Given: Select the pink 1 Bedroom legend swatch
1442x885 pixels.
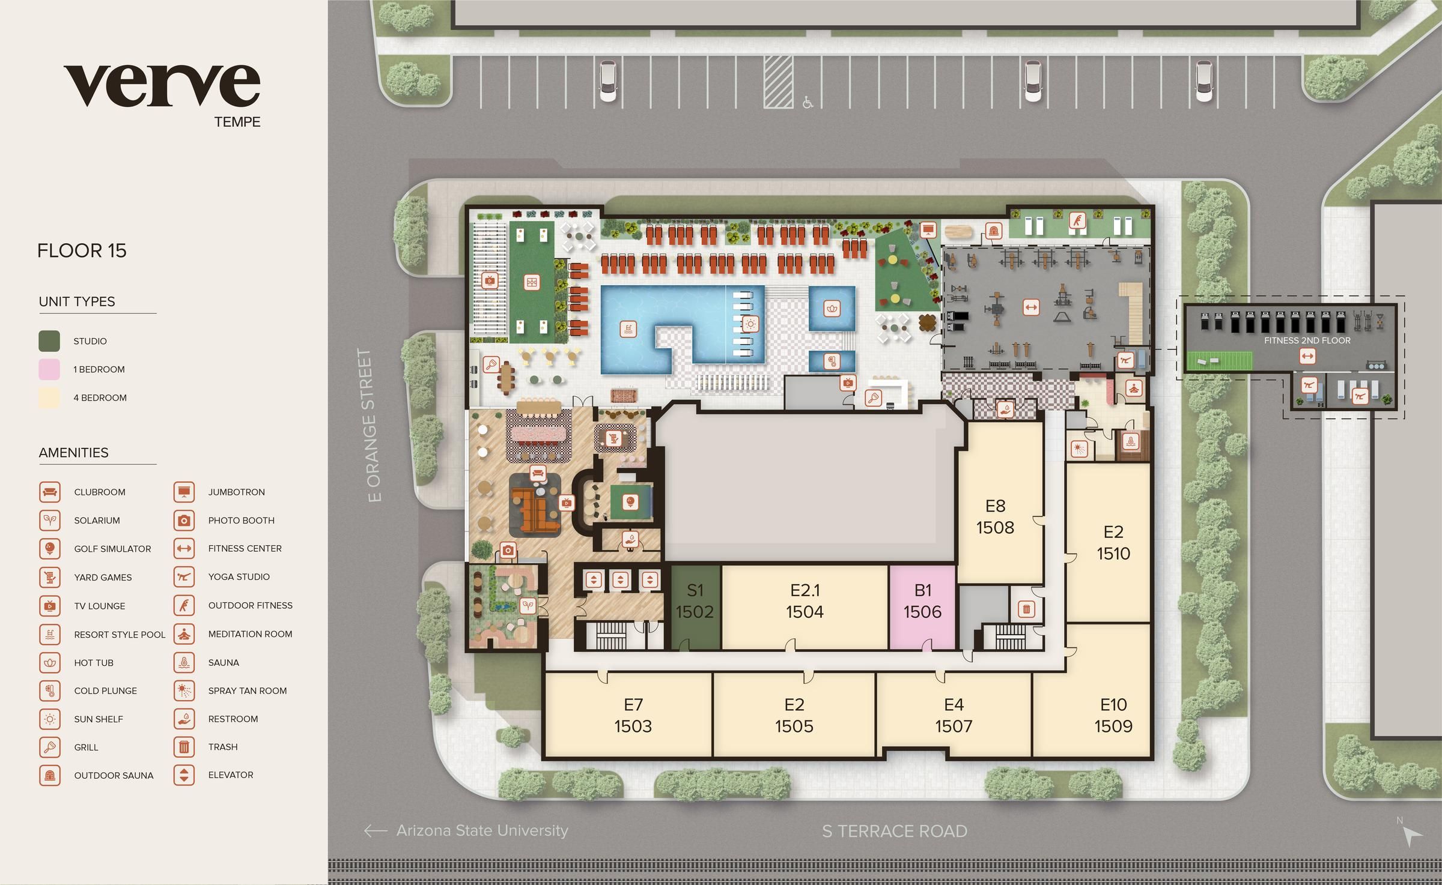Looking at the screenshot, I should [49, 369].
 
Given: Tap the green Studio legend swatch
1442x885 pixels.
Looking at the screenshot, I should [49, 341].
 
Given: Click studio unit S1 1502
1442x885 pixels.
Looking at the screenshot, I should [695, 602].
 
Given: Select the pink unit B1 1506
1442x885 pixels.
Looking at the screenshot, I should [922, 602].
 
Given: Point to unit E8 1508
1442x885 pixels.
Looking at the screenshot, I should [995, 516].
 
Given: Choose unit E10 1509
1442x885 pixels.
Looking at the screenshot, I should [1113, 716].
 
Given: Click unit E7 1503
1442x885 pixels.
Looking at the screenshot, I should [633, 716].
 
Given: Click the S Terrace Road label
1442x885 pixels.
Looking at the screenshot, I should [895, 832].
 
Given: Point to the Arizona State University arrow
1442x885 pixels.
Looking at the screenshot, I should [376, 831].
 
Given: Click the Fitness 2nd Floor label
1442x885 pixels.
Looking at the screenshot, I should [1307, 340].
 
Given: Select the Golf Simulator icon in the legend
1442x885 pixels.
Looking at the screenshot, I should [50, 549].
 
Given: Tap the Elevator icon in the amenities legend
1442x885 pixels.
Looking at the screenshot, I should [184, 775].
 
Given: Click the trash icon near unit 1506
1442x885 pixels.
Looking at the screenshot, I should [1026, 610].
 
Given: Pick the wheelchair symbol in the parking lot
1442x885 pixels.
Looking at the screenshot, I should [808, 103].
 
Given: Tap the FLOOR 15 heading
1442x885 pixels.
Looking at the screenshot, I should [82, 250].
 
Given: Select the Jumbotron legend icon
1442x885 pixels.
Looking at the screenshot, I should [184, 492].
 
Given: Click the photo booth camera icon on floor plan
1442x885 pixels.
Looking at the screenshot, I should [508, 550].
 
